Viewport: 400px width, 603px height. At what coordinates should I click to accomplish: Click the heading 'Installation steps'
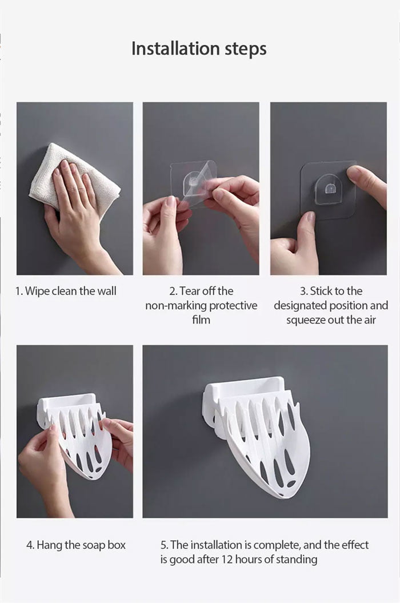[x=199, y=49]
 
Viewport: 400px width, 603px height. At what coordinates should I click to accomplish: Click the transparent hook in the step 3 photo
[x=330, y=190]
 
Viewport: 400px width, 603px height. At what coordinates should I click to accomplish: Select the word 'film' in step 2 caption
[x=201, y=320]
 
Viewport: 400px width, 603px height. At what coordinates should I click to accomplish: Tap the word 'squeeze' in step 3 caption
[x=307, y=320]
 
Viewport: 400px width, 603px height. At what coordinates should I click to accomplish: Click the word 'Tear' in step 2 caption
[x=190, y=291]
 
